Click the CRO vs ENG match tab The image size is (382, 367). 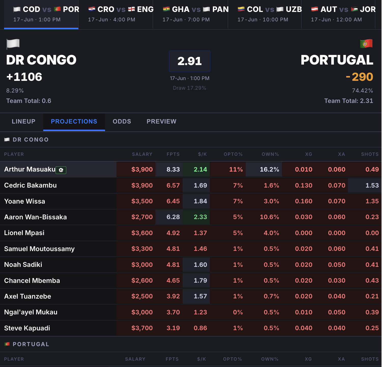coord(116,14)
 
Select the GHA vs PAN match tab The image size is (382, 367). coord(190,14)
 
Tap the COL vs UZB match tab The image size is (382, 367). coord(265,14)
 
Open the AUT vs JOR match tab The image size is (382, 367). coord(338,14)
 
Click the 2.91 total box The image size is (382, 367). coord(190,61)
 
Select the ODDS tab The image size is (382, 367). coord(122,121)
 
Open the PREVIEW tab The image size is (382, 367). coord(161,121)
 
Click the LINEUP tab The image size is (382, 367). coord(24,121)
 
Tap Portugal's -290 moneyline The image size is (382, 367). coord(360,77)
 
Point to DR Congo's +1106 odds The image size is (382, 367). coord(24,77)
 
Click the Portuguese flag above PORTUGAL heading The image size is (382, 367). coord(366,44)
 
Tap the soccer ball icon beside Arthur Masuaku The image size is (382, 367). coord(61,170)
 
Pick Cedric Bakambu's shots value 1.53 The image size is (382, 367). coord(372,185)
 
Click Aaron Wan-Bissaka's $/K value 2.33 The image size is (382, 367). coord(200,217)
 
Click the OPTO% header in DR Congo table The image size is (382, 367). coord(233,154)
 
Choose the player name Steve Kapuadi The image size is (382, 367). coord(27,328)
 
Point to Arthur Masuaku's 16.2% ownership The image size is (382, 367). coord(269,170)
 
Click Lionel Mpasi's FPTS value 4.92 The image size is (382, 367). coord(173,233)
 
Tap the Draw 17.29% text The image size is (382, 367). coord(189,88)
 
